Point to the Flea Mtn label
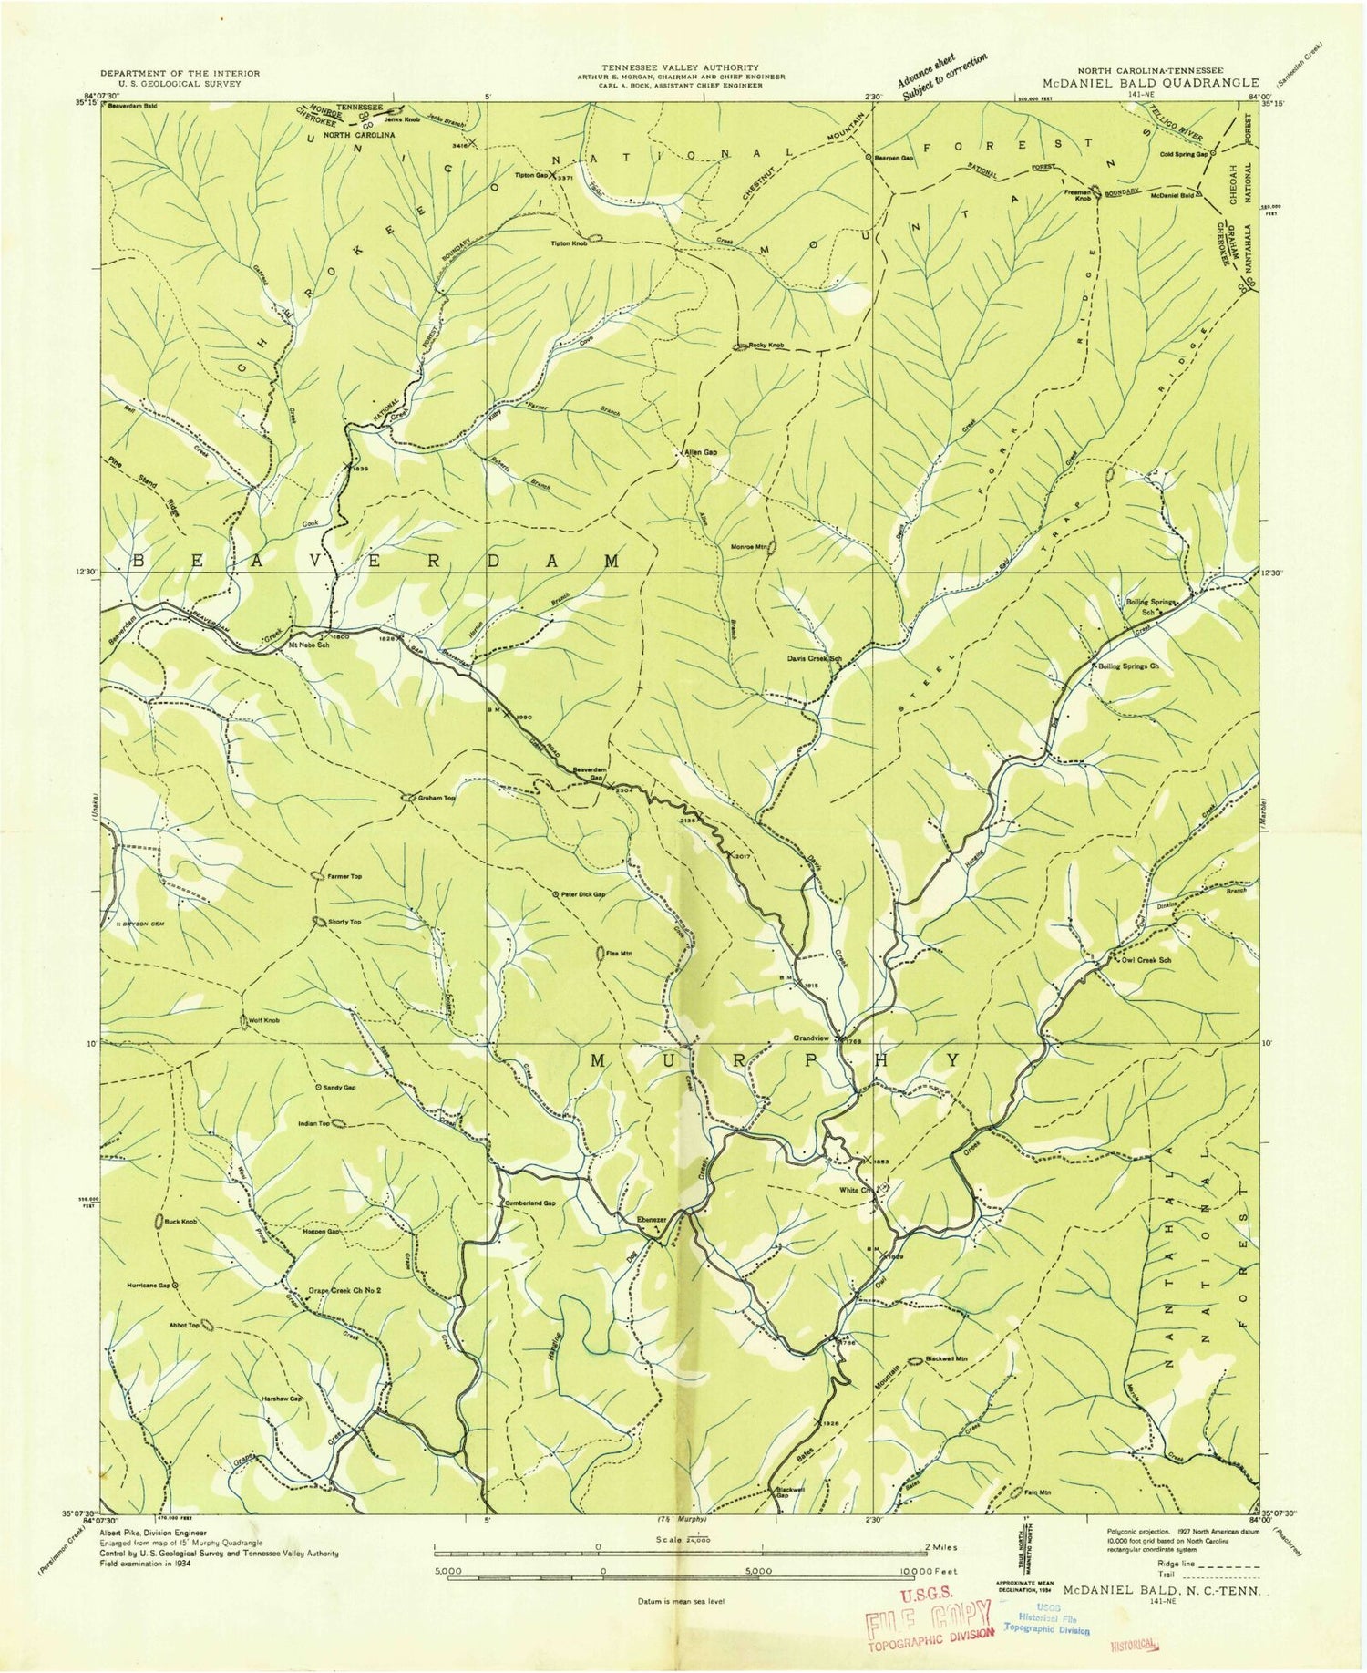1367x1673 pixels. coord(620,954)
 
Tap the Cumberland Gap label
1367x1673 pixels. coord(529,1203)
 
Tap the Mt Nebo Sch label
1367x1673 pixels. coord(308,645)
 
